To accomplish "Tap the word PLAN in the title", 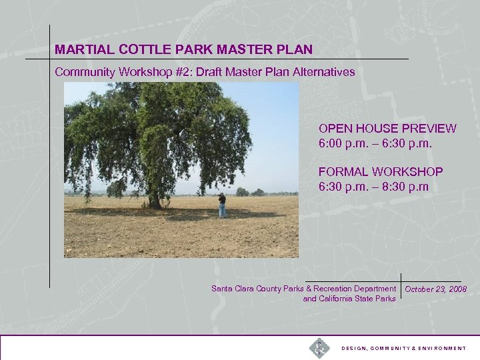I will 297,49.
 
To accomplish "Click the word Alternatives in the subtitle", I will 323,71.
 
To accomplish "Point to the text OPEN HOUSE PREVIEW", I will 387,129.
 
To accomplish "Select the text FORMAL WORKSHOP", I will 381,172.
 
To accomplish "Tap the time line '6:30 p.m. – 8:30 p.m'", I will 373,187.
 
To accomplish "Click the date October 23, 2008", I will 435,289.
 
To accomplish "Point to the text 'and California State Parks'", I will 349,299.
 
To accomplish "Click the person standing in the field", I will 222,205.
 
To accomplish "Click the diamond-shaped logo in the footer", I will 319,348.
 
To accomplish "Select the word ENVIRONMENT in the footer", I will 441,349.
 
